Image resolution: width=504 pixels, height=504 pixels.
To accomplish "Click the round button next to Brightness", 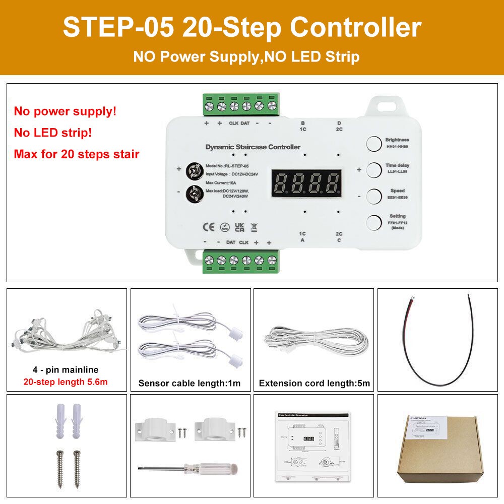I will pyautogui.click(x=373, y=144).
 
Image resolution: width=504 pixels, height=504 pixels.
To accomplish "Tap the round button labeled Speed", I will pyautogui.click(x=373, y=196).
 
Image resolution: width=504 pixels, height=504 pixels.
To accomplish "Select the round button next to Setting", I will pyautogui.click(x=373, y=222).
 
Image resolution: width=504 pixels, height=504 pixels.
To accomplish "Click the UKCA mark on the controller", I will pyautogui.click(x=239, y=228).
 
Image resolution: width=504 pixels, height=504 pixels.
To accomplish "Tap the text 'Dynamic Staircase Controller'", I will pyautogui.click(x=253, y=147).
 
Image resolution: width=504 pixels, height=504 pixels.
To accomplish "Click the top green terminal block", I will pyautogui.click(x=241, y=104).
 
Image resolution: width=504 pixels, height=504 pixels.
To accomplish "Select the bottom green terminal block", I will pyautogui.click(x=241, y=262).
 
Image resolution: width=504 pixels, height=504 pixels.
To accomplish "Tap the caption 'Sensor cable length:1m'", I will pyautogui.click(x=190, y=383).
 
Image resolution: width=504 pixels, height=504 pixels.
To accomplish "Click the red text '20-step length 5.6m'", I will pyautogui.click(x=66, y=382).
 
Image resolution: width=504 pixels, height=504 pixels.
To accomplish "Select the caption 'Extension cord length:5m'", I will pyautogui.click(x=314, y=383).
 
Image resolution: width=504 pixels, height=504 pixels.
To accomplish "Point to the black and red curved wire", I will pyautogui.click(x=438, y=343).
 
